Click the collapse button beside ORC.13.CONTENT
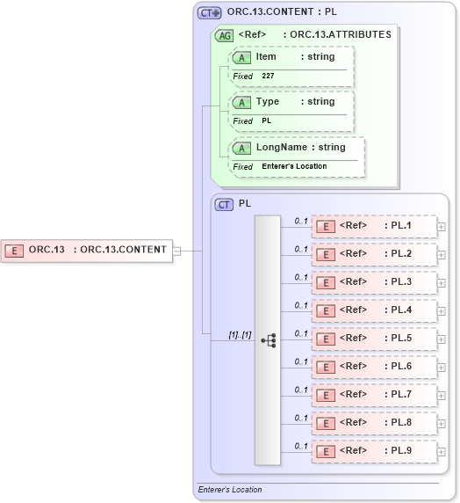[176, 250]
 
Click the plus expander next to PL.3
[441, 283]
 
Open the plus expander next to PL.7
[441, 396]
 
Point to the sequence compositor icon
[268, 339]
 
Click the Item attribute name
[266, 57]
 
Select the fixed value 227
[269, 77]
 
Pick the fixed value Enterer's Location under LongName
[294, 166]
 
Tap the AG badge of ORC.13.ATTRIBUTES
[225, 35]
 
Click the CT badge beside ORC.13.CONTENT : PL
[209, 13]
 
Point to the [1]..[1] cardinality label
[240, 335]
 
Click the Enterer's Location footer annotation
[230, 490]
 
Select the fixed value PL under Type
[267, 120]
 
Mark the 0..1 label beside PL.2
[301, 249]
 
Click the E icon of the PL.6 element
[325, 367]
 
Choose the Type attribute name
[268, 102]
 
